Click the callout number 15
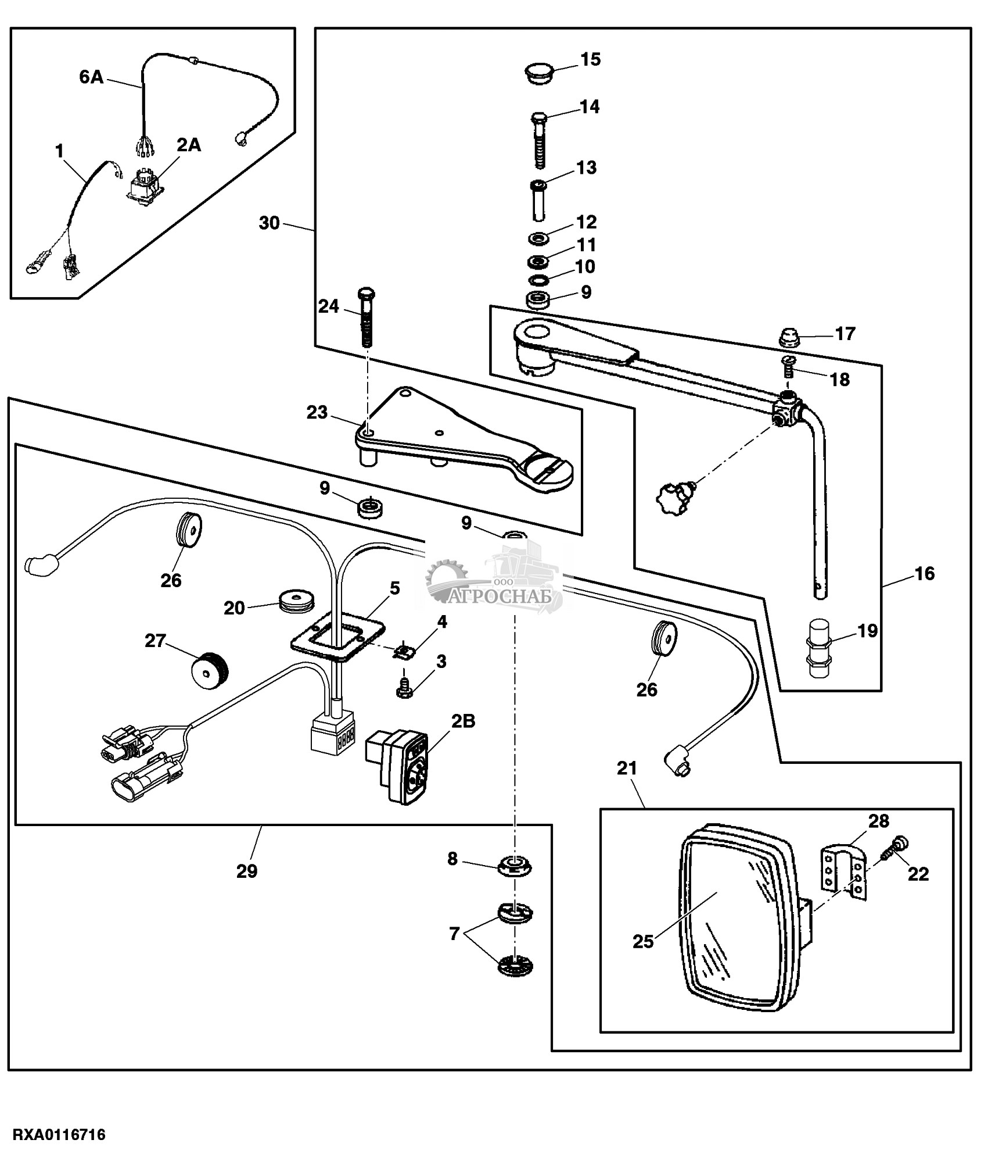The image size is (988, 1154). click(x=591, y=59)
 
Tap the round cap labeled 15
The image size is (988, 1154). click(x=538, y=73)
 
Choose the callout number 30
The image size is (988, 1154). click(x=269, y=223)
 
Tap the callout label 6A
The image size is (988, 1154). click(x=91, y=77)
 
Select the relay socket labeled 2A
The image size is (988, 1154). click(x=144, y=185)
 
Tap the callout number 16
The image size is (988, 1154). click(x=925, y=574)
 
